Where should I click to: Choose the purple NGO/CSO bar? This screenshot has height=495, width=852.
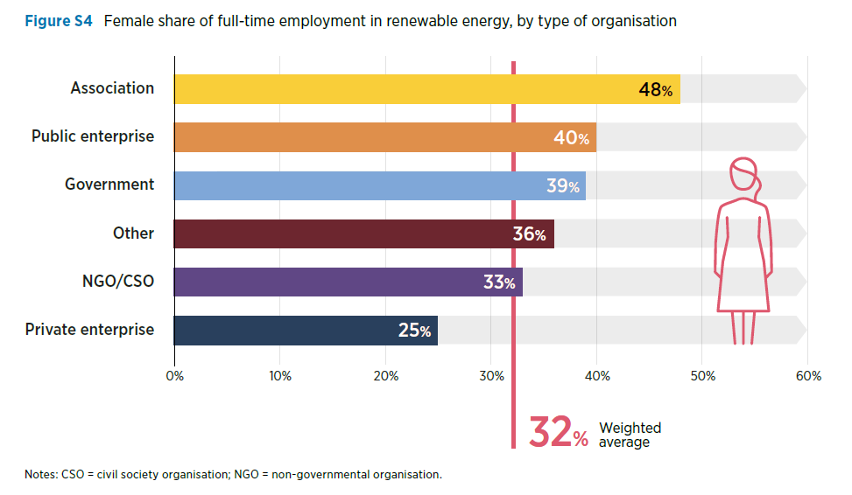[x=333, y=282]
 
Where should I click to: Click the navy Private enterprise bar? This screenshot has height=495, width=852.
[x=289, y=331]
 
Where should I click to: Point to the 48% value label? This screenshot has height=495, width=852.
[x=655, y=90]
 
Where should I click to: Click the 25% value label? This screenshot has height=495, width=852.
[x=413, y=331]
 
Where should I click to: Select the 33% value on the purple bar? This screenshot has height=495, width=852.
[x=498, y=282]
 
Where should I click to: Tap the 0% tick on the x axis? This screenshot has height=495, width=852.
[x=174, y=376]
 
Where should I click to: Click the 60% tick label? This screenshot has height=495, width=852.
[x=808, y=376]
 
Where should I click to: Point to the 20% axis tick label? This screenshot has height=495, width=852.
[x=385, y=376]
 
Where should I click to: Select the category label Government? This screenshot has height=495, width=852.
[x=109, y=185]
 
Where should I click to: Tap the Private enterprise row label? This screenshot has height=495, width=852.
[x=89, y=330]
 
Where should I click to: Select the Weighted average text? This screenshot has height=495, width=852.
[x=630, y=435]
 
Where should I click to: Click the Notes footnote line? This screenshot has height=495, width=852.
[x=233, y=475]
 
